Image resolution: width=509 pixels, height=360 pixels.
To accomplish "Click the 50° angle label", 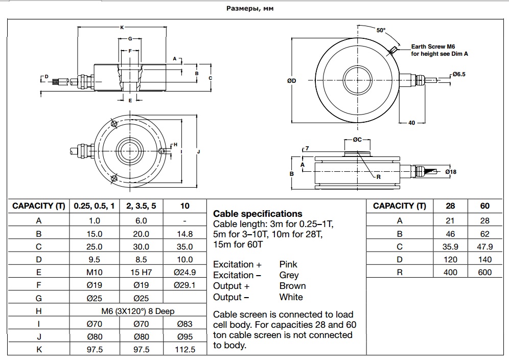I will [x=381, y=30].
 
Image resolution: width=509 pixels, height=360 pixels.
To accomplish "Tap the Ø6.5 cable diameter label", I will [x=458, y=74].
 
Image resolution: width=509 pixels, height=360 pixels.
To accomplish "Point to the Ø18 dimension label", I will [x=450, y=172].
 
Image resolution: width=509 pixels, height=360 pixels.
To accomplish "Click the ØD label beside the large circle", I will [x=292, y=80].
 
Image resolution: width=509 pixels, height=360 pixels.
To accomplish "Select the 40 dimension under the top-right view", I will [x=412, y=123].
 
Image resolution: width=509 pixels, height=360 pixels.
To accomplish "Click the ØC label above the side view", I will [x=357, y=140].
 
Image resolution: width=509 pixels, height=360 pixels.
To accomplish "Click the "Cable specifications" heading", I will [x=258, y=214].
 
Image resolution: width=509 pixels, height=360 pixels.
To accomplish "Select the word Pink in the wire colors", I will [x=288, y=264].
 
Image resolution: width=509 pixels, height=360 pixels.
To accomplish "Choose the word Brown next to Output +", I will [x=292, y=286].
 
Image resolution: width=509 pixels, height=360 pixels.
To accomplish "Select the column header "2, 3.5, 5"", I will [x=141, y=206].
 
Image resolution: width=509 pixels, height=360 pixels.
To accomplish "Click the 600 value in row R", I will [x=484, y=272].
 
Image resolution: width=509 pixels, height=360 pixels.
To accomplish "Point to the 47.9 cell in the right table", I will [x=484, y=246].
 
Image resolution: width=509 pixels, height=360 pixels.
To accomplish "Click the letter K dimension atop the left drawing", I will [x=122, y=27].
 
